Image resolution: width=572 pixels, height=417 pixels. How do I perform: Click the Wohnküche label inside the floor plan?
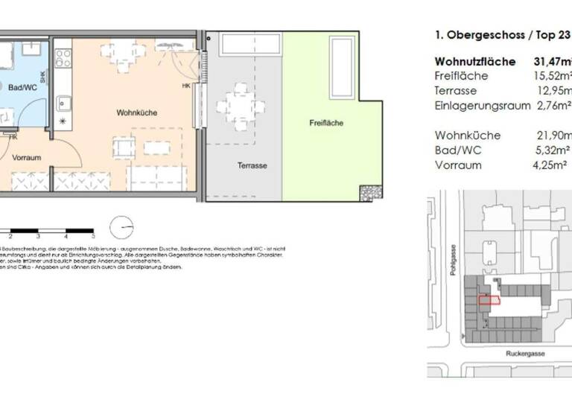point(133,112)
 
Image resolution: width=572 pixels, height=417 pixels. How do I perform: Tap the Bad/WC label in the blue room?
point(22,88)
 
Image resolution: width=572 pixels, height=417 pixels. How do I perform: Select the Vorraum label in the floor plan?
point(26,157)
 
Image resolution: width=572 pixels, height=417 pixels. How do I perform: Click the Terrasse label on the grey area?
point(252,165)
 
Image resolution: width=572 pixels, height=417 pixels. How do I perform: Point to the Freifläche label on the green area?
point(326,123)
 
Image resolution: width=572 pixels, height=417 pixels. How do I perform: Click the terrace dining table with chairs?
point(241,105)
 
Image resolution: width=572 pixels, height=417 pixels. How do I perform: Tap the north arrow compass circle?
point(122,226)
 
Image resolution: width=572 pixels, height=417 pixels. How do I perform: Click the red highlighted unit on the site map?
point(489,300)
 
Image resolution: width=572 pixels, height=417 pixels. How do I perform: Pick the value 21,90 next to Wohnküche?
point(552,136)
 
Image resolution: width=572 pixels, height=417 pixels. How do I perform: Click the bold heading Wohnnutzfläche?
point(474,61)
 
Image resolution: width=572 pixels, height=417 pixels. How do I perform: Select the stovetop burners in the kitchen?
point(63,57)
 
